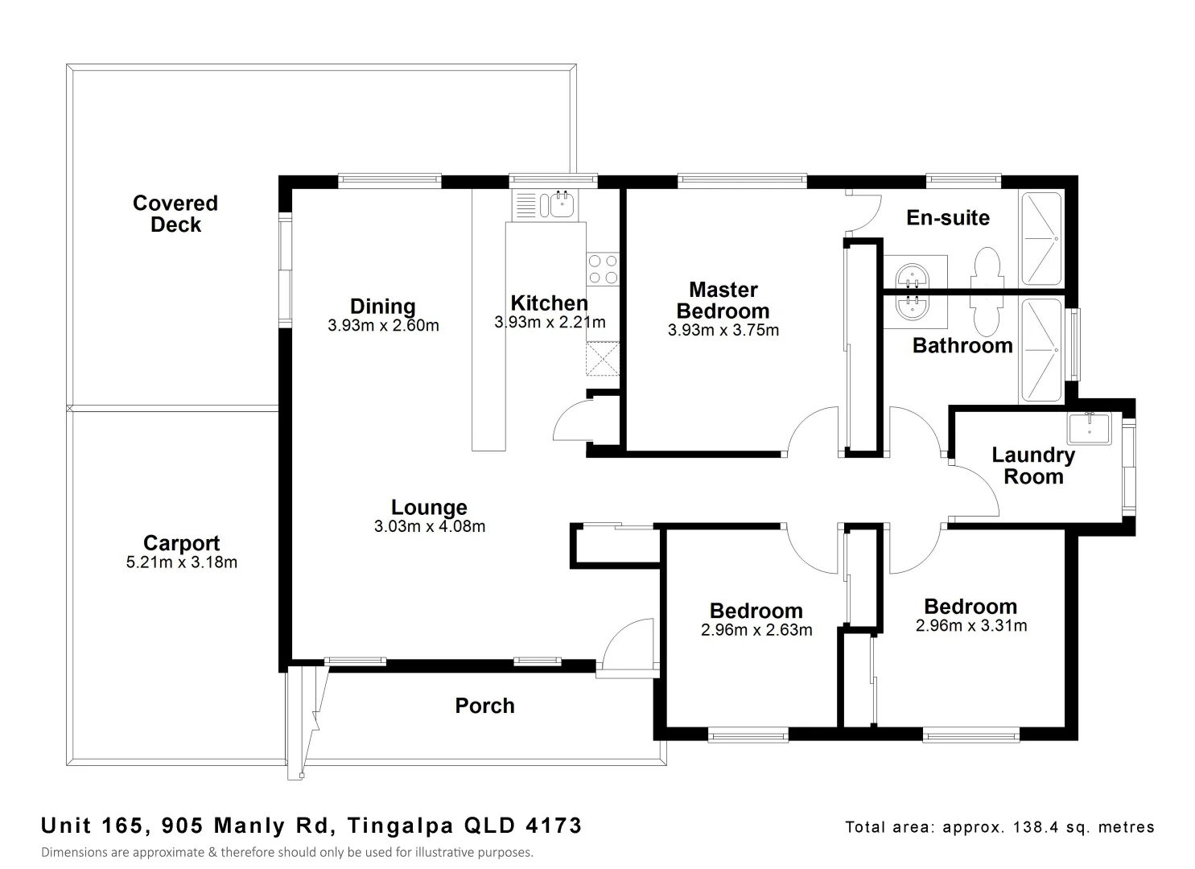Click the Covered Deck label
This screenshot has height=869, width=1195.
coord(175,213)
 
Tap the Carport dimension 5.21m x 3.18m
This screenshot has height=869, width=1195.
coord(181,562)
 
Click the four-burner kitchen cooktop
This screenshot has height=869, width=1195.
coord(603,270)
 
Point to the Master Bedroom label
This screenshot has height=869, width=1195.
coord(723,300)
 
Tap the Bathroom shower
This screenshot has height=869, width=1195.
coord(1041,350)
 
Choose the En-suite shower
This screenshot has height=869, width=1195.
coord(1041,238)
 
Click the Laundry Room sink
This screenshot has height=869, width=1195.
coord(1089,428)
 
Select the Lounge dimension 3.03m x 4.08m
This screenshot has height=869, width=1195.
coord(430,526)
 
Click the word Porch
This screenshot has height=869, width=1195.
coord(484,706)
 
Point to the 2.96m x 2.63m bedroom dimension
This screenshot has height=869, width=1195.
coord(756,630)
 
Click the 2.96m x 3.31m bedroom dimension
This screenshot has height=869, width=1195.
coord(971,626)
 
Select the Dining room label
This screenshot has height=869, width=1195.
coord(382,307)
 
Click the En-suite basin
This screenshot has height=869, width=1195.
coord(913,278)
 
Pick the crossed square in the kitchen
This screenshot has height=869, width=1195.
coord(603,359)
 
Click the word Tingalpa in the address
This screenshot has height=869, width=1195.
coord(400,826)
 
